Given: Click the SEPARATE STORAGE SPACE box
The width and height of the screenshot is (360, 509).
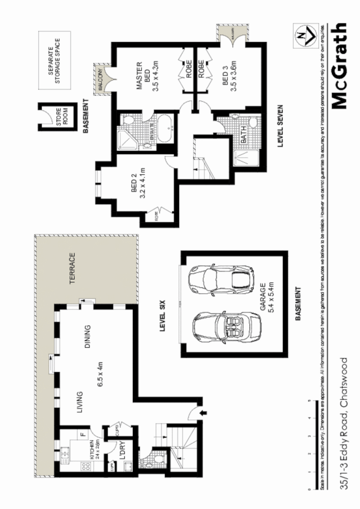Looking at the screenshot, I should pyautogui.click(x=54, y=61).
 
